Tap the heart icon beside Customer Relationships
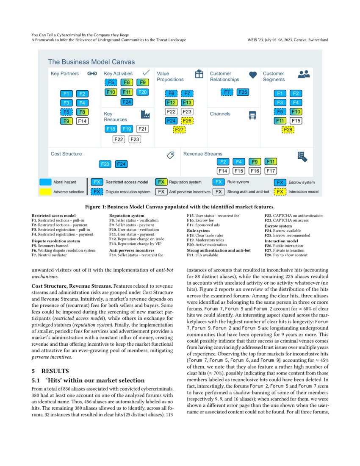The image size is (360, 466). click(253, 75)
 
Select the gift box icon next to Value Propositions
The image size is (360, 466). click(199, 74)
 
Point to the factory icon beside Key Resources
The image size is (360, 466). click(146, 114)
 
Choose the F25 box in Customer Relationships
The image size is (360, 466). click(243, 92)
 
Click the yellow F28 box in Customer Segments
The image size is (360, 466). click(288, 130)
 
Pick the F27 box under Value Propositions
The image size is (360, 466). click(180, 130)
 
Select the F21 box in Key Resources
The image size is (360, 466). click(143, 129)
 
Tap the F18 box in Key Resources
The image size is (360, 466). click(111, 129)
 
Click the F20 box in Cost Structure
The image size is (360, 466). click(105, 164)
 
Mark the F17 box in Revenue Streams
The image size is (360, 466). click(271, 171)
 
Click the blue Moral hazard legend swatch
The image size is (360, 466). click(45, 182)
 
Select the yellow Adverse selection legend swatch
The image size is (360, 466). click(45, 192)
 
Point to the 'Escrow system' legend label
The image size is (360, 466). click(302, 182)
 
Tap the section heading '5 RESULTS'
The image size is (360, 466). click(47, 371)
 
